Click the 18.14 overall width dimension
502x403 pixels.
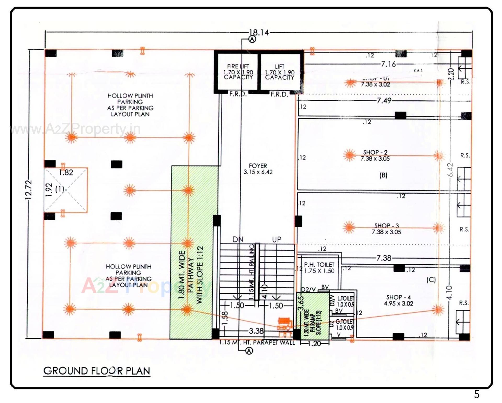(x=259, y=33)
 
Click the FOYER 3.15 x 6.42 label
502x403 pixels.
(x=258, y=169)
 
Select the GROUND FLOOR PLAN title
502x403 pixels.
(x=97, y=371)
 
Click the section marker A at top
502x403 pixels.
(x=252, y=39)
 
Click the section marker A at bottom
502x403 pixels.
(x=249, y=351)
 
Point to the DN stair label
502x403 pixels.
(x=238, y=239)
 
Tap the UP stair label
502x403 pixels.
(x=277, y=239)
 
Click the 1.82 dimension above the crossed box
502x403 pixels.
(x=66, y=172)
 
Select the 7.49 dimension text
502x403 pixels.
(x=384, y=101)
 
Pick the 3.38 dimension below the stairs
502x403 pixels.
(x=256, y=331)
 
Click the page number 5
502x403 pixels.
(x=477, y=394)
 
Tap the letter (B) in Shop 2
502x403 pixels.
(x=383, y=175)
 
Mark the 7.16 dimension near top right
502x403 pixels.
(x=388, y=64)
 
